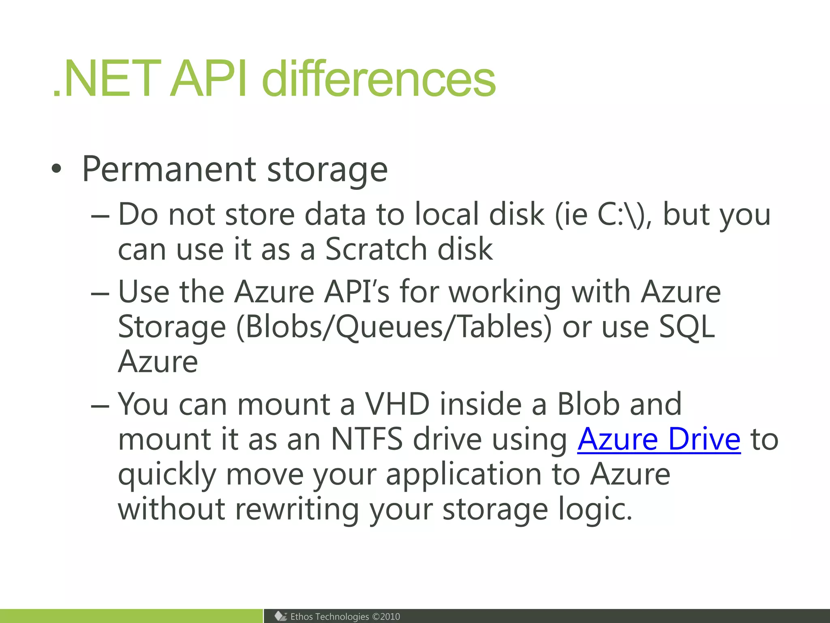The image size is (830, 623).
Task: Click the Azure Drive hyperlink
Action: [659, 439]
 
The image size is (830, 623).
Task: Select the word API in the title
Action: [208, 79]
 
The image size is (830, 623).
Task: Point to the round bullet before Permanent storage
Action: [57, 170]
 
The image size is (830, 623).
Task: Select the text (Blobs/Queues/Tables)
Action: [394, 327]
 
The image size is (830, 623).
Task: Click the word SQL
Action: [687, 327]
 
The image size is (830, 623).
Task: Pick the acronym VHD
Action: [397, 404]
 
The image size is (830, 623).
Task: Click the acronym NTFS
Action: [367, 439]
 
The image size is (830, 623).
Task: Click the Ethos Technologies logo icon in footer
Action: [280, 616]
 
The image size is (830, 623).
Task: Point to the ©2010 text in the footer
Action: [386, 617]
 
